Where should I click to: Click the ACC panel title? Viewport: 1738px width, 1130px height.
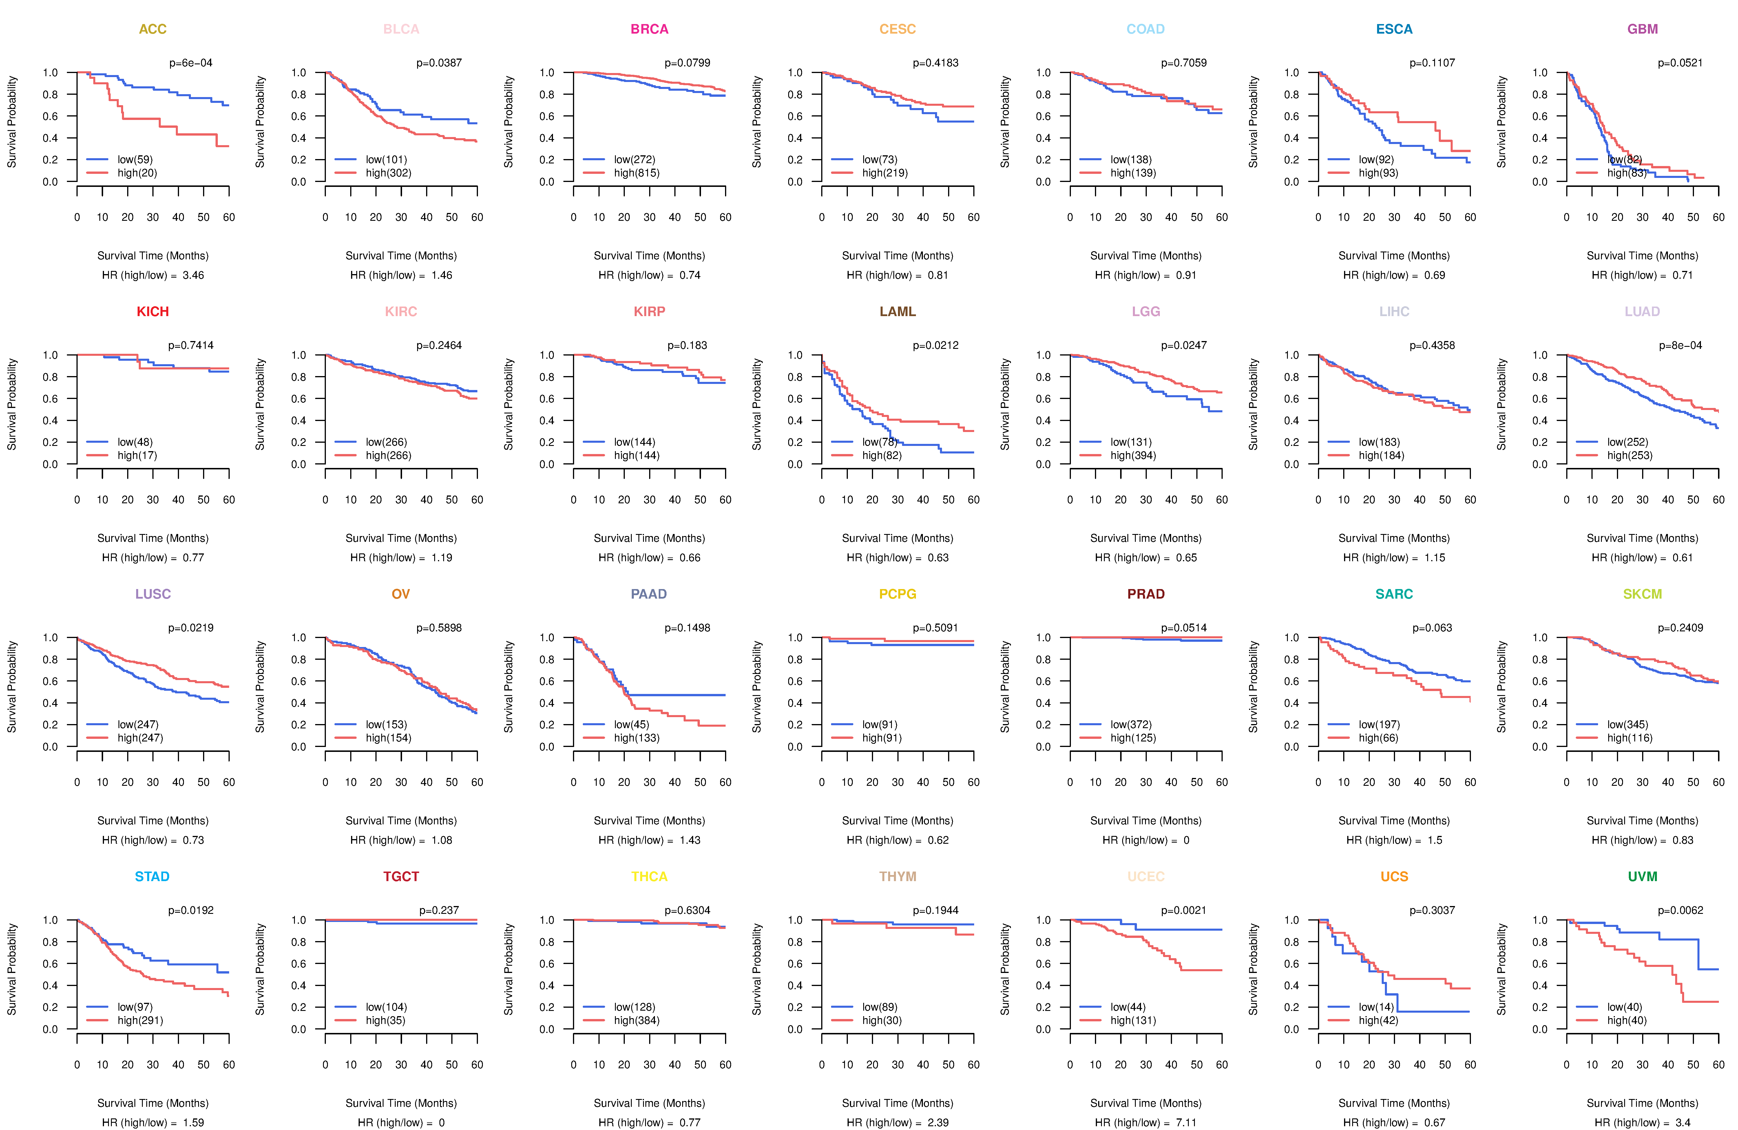pyautogui.click(x=153, y=29)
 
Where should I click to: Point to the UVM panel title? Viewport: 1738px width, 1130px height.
pyautogui.click(x=1642, y=876)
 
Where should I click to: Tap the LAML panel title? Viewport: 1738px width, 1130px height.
pyautogui.click(x=897, y=312)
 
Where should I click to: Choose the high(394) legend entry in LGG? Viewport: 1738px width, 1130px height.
pyautogui.click(x=1133, y=456)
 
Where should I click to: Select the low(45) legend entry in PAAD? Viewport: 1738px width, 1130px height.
pyautogui.click(x=631, y=725)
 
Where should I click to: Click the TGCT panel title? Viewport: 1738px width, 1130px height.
pyautogui.click(x=401, y=876)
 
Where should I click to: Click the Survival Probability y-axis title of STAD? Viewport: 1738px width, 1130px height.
pyautogui.click(x=12, y=969)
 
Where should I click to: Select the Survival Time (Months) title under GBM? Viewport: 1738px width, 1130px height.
pyautogui.click(x=1642, y=256)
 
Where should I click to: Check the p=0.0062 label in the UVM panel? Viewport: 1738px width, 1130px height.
pyautogui.click(x=1680, y=910)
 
